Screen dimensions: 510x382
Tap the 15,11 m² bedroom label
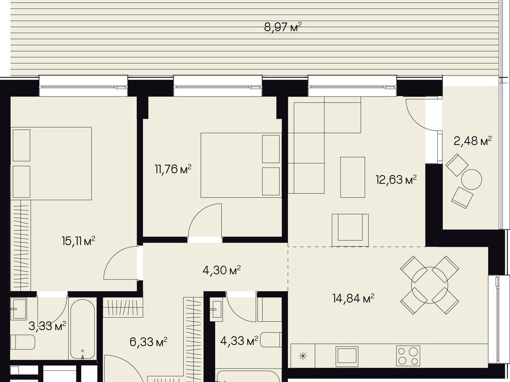(79, 241)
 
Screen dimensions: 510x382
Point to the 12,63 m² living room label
(396, 179)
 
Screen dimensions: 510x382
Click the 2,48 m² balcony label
(473, 141)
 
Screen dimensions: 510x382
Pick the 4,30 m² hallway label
(222, 270)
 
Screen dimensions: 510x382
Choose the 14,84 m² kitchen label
(353, 298)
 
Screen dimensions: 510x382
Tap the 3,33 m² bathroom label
(47, 326)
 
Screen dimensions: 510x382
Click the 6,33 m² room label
(149, 342)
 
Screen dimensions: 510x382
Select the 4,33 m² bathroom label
(240, 341)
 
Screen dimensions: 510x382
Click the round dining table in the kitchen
(429, 285)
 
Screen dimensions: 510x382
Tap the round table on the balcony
(472, 179)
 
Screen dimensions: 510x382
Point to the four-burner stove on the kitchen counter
(408, 355)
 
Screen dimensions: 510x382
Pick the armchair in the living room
(350, 230)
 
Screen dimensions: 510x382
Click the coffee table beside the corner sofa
(353, 177)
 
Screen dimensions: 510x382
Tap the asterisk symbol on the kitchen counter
(303, 356)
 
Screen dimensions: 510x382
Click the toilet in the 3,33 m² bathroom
(22, 342)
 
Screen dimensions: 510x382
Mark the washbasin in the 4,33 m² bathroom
(217, 309)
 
